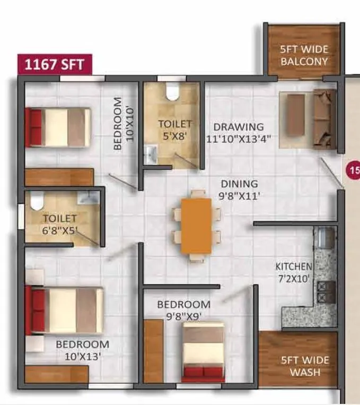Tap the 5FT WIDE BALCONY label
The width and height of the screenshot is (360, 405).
coord(304,55)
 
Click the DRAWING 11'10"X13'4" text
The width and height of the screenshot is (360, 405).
coord(239,133)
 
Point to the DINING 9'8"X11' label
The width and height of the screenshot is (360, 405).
coord(240,189)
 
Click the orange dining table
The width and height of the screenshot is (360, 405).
coord(196,226)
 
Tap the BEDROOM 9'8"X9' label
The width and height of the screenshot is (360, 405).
coord(183,311)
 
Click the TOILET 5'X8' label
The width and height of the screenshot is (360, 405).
coord(174,129)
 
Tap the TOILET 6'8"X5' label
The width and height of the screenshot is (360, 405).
coord(60,223)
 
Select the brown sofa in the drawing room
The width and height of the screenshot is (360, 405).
coord(323,119)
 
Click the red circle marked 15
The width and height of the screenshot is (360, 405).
coord(354,170)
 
